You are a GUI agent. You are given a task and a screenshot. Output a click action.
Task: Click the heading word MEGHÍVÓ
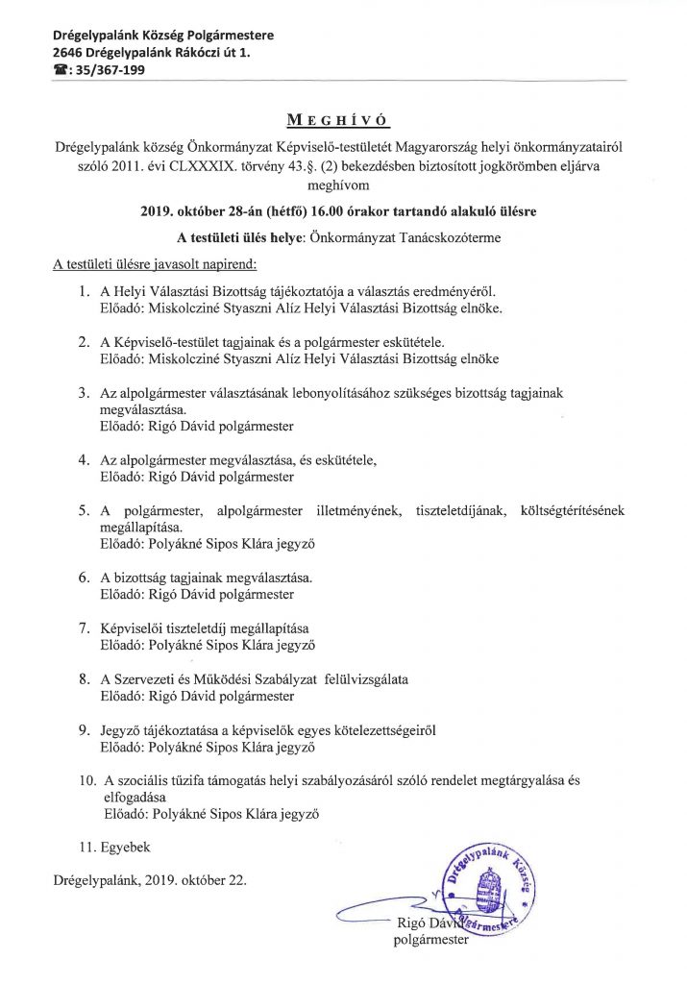click(343, 120)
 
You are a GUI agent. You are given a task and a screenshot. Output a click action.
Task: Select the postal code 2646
click(72, 53)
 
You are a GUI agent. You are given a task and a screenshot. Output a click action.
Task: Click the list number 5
click(84, 510)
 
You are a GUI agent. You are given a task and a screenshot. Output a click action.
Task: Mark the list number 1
click(86, 289)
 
